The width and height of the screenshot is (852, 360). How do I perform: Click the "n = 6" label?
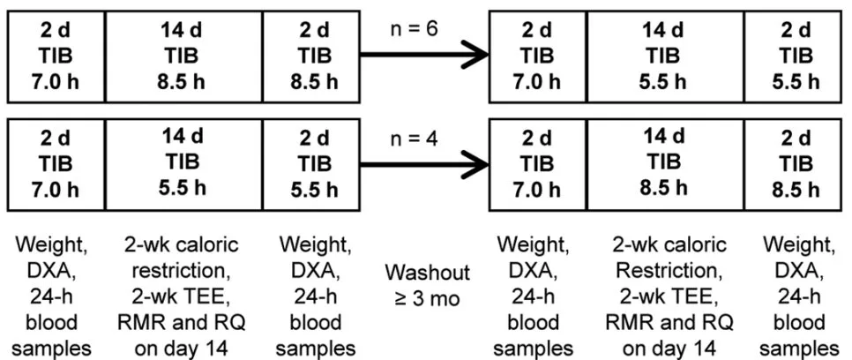[x=414, y=29]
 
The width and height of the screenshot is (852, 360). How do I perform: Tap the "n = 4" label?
[x=414, y=139]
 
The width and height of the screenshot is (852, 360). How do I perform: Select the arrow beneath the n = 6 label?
[x=424, y=55]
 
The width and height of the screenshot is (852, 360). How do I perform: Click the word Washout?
[x=428, y=272]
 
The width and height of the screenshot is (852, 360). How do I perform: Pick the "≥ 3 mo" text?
[x=427, y=298]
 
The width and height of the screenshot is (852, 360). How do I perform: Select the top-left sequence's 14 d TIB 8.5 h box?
[x=183, y=56]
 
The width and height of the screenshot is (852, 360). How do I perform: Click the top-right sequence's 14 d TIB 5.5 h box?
[x=665, y=56]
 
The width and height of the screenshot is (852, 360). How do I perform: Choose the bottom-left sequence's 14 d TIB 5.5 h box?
[x=183, y=165]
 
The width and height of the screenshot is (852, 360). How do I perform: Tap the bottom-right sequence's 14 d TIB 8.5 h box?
[x=665, y=165]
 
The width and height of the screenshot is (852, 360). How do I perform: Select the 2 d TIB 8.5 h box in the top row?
[x=311, y=56]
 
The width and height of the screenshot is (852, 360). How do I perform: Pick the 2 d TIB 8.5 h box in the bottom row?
[x=795, y=165]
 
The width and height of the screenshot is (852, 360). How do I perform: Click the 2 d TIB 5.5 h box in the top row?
[x=795, y=56]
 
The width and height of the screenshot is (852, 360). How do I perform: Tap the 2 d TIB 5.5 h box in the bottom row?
[x=311, y=165]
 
